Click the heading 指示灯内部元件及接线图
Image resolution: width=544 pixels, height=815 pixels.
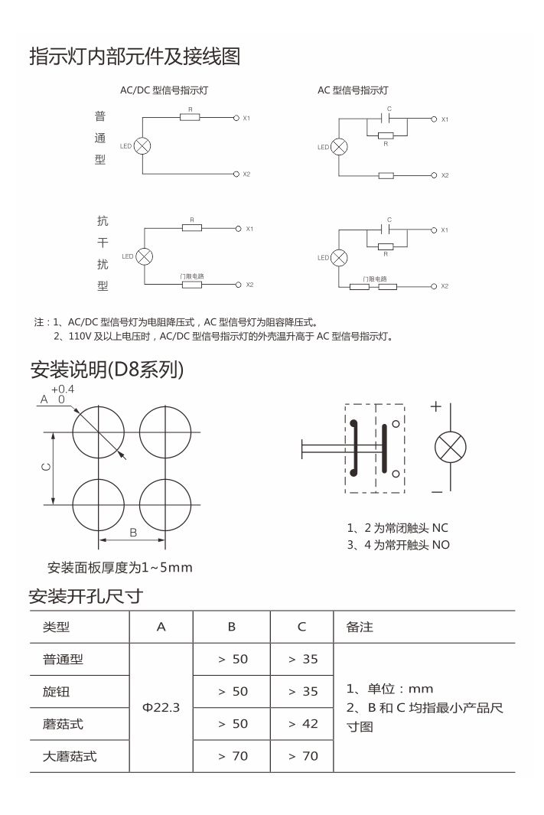click(x=135, y=57)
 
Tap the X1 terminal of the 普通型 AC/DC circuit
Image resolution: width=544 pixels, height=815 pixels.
click(x=236, y=118)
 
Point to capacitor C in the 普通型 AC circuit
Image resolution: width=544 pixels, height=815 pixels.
click(x=389, y=119)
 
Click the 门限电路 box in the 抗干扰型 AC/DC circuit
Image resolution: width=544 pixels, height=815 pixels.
click(x=191, y=285)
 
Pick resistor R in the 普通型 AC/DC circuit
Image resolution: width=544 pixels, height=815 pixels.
click(x=190, y=118)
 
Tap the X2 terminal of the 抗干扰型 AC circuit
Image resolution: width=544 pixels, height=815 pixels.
click(x=434, y=286)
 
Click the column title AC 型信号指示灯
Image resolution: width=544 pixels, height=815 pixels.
click(x=353, y=90)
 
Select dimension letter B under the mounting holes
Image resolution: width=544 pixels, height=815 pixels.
click(x=132, y=532)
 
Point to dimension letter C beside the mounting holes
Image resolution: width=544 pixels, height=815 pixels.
click(x=47, y=468)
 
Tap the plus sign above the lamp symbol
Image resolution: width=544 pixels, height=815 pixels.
click(x=435, y=407)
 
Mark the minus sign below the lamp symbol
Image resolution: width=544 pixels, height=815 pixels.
click(x=435, y=491)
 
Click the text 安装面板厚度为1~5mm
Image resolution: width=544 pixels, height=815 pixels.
click(x=119, y=568)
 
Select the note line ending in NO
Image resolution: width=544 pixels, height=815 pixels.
click(x=398, y=545)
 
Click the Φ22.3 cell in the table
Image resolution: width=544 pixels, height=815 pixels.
click(x=161, y=707)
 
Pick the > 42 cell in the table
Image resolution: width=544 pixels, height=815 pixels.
click(x=302, y=723)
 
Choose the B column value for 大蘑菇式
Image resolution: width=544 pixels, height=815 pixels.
click(x=232, y=756)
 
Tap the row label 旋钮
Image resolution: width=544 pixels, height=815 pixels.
click(x=56, y=691)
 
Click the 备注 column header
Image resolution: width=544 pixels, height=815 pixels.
click(x=360, y=627)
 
